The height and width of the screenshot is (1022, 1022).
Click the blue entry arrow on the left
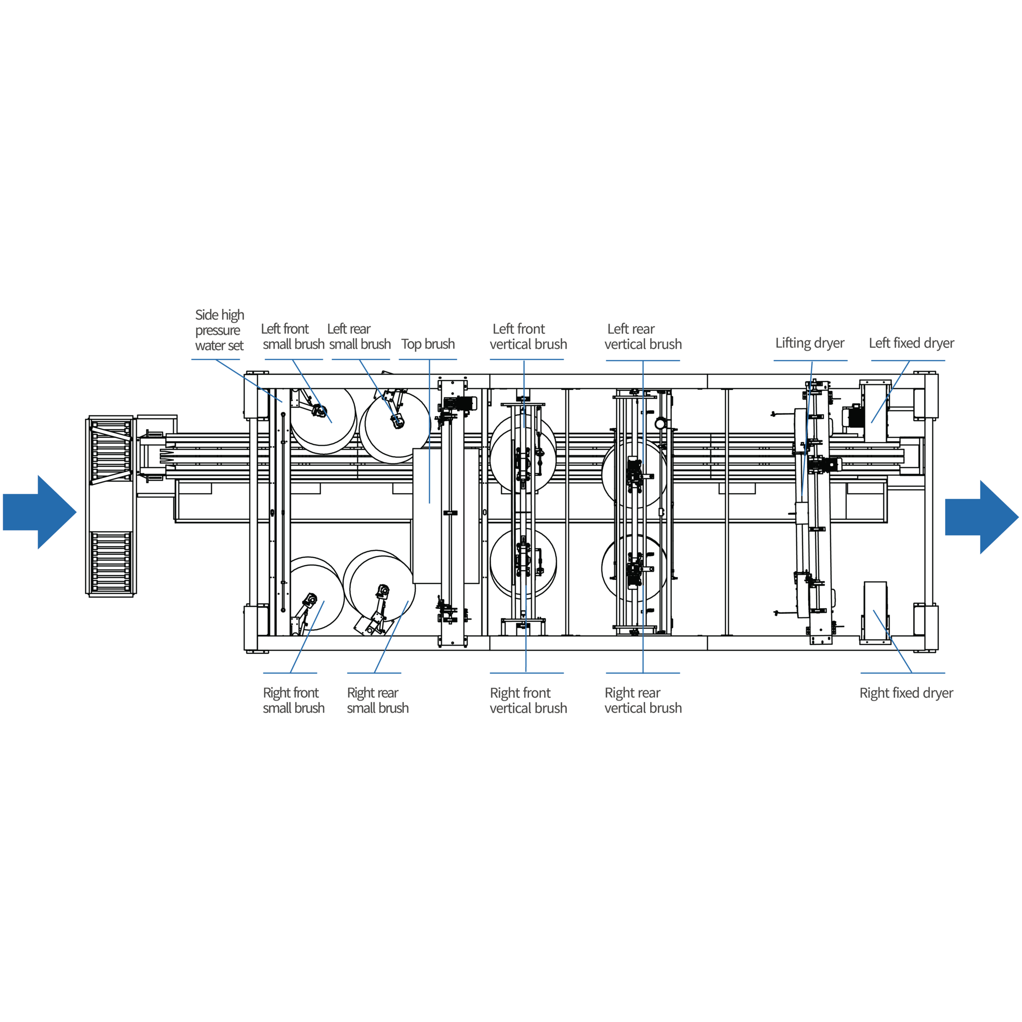click(x=40, y=512)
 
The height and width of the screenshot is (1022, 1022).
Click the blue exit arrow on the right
click(x=982, y=517)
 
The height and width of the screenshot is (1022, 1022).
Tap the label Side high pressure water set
click(x=220, y=330)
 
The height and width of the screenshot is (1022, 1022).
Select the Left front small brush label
click(x=293, y=337)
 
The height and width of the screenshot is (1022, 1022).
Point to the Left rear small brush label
click(x=359, y=337)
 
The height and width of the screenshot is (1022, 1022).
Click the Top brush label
click(x=428, y=344)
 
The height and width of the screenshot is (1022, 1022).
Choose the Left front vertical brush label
click(x=528, y=337)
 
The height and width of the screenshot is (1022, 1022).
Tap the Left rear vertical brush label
click(x=643, y=337)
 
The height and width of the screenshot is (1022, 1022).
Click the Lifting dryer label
click(x=810, y=343)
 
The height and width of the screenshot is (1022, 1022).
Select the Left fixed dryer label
click(x=911, y=343)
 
